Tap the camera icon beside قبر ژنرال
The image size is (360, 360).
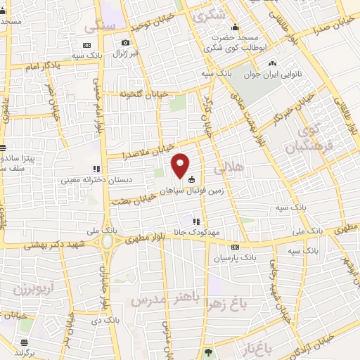coord(125,44)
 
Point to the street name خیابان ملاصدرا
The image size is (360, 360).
coord(127,152)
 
